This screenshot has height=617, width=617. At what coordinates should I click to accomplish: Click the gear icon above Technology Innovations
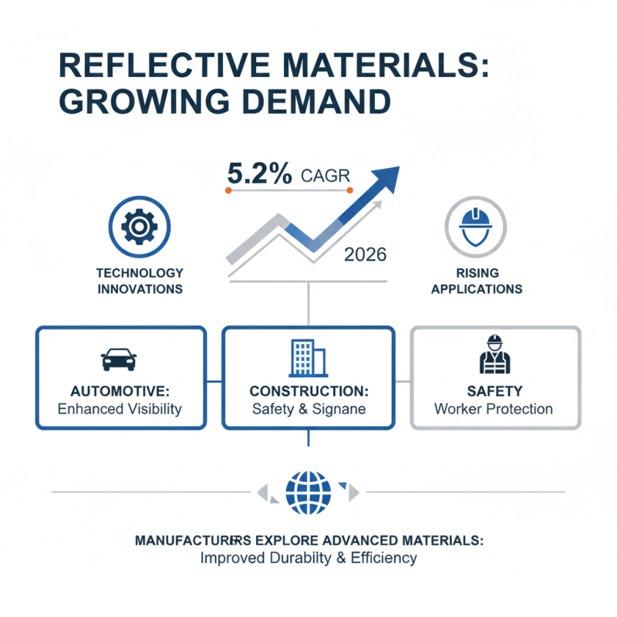click(140, 227)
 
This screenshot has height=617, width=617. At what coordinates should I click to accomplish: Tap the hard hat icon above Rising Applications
click(475, 227)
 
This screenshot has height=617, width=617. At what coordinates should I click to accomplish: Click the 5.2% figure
click(260, 174)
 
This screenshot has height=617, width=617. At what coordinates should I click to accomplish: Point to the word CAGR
click(325, 176)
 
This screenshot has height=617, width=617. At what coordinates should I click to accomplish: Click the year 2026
click(365, 255)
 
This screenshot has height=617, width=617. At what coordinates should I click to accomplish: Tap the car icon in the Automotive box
click(119, 359)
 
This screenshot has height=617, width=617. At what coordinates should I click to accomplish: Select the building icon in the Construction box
click(308, 358)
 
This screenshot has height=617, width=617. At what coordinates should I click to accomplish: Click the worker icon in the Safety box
click(494, 354)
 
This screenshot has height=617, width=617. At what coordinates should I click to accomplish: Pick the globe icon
click(308, 493)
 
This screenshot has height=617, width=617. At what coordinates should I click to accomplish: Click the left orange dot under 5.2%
click(228, 190)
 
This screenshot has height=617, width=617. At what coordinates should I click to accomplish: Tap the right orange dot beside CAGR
click(350, 190)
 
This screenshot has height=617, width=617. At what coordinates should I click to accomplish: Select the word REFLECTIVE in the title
click(164, 65)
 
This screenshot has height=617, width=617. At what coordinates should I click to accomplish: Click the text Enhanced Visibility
click(120, 410)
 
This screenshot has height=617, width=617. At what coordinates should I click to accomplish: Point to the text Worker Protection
click(494, 410)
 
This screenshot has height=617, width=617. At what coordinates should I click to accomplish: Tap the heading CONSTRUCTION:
click(309, 391)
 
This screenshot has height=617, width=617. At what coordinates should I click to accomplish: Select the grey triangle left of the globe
click(262, 492)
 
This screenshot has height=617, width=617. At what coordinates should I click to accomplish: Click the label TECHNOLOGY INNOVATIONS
click(140, 281)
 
